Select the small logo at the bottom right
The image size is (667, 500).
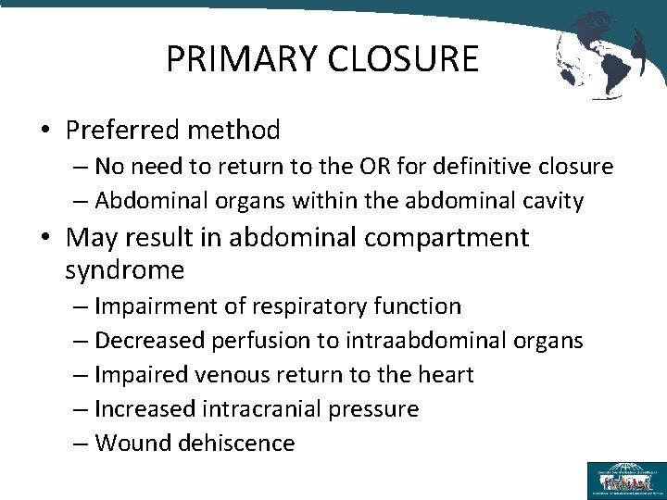point(626,481)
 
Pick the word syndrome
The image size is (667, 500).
point(125,269)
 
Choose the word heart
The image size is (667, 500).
point(443,374)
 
